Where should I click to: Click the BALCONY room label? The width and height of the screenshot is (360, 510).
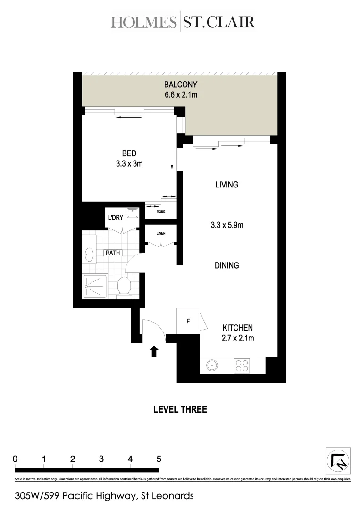point(180,85)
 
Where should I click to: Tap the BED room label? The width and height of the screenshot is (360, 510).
point(129,153)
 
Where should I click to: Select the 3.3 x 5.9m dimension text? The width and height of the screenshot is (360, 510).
point(226,225)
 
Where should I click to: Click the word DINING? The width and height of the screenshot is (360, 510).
point(226,265)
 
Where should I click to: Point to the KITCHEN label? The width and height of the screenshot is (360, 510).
point(238,328)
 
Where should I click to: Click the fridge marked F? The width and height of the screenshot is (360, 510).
point(188,322)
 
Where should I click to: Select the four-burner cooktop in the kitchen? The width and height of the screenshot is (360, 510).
point(243,365)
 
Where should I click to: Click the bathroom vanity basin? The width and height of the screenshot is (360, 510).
point(89,255)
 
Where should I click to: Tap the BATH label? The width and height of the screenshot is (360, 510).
point(113,253)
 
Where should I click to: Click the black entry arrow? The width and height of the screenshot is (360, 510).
point(153,351)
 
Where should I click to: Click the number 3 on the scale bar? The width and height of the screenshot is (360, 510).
point(101,459)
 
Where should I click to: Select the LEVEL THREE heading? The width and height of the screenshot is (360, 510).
point(180,409)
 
